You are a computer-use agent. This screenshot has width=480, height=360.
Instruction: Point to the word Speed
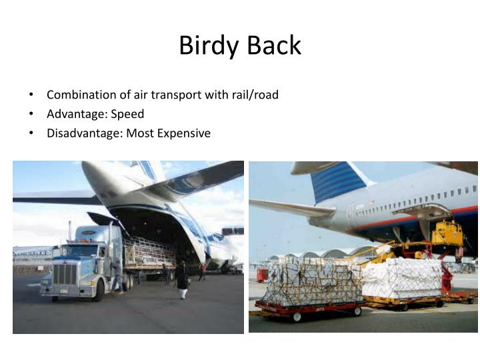click(x=128, y=114)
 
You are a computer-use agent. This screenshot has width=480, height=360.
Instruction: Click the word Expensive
click(x=183, y=133)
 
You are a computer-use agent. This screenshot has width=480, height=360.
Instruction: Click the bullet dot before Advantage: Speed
click(x=32, y=114)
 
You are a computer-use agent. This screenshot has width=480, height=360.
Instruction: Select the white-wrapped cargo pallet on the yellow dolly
click(x=401, y=279)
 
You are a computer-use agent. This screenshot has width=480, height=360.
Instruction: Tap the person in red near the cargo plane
click(x=202, y=271)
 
